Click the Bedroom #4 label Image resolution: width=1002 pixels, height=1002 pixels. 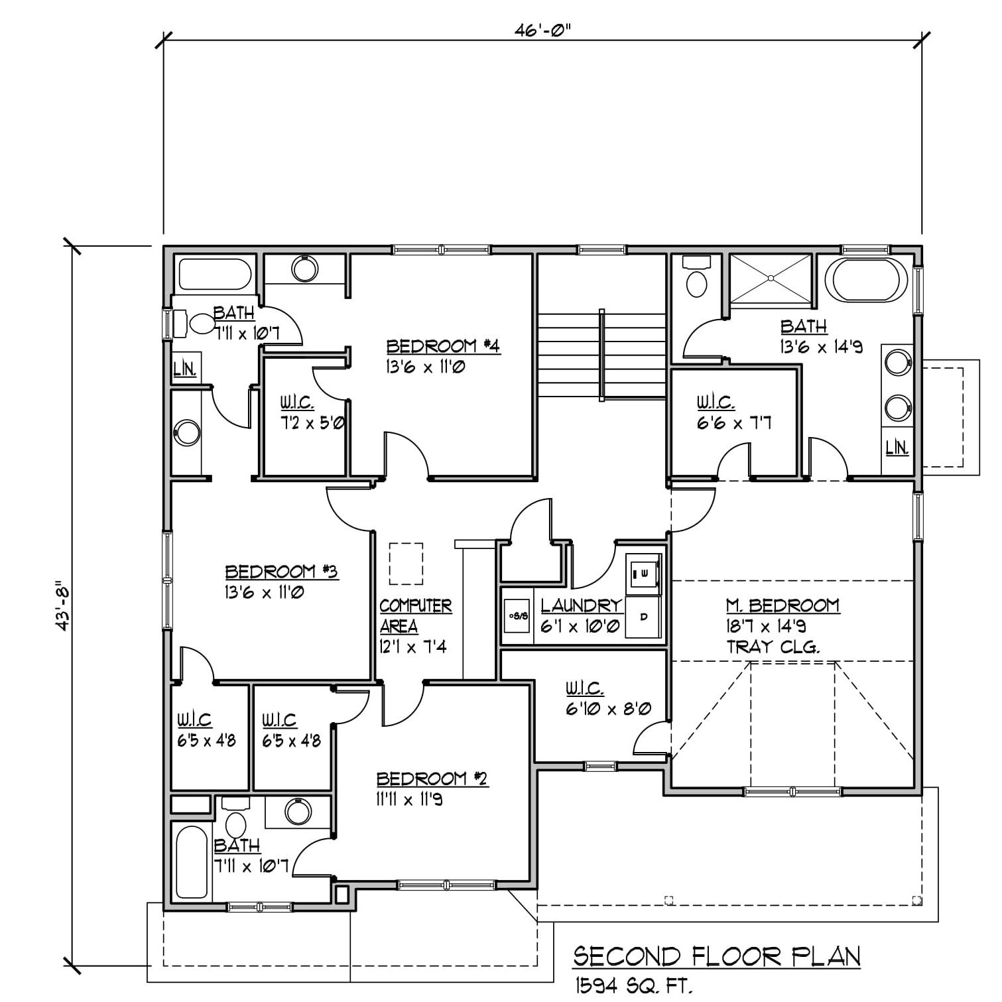tap(442, 346)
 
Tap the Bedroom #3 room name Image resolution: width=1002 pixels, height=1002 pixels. tap(282, 572)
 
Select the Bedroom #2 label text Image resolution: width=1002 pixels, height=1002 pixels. tap(432, 778)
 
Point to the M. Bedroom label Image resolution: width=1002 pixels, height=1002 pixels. tap(783, 605)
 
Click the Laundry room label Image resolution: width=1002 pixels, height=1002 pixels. tap(582, 605)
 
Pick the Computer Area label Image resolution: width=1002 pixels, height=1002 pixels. tap(416, 616)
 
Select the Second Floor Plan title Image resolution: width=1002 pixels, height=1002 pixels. tap(717, 956)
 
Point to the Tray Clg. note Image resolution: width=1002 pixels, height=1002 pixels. tap(773, 647)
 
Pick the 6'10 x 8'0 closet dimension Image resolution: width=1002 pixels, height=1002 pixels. tap(608, 709)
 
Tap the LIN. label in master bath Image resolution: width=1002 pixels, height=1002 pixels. tap(897, 448)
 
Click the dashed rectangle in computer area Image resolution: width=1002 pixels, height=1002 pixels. tap(406, 564)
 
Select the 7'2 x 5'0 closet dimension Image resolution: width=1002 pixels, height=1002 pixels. tap(311, 422)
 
